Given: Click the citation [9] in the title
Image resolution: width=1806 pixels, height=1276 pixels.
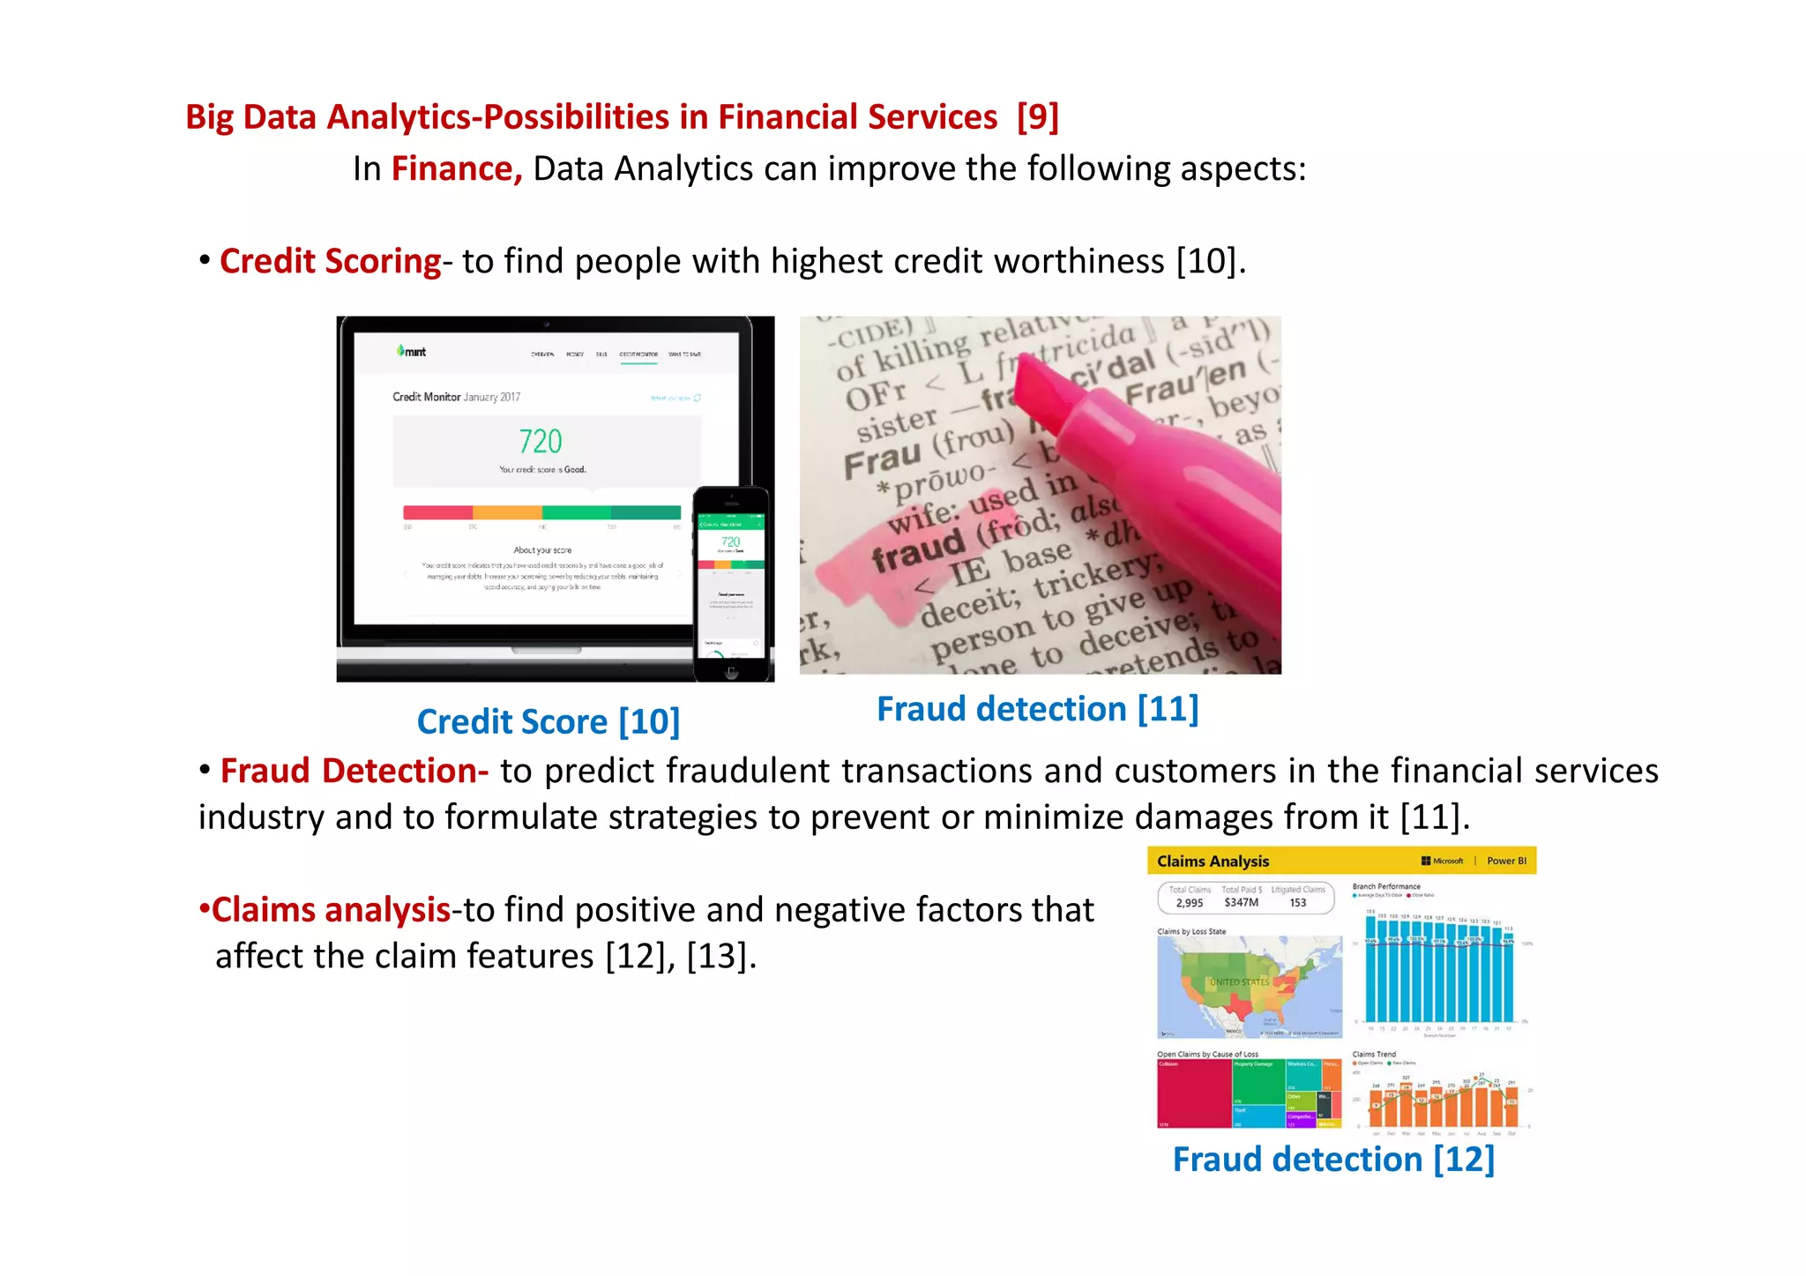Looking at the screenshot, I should [x=1037, y=117].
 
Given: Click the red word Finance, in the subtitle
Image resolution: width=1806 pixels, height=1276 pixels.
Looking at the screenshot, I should [x=457, y=168].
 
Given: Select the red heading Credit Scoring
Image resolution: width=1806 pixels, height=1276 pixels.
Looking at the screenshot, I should [x=330, y=261].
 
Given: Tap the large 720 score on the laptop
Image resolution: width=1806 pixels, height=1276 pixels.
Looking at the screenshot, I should [x=540, y=441].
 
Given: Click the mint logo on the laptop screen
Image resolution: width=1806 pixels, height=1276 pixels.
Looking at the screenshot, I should [x=412, y=352].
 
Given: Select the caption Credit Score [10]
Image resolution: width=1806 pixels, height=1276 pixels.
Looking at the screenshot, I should [x=548, y=721].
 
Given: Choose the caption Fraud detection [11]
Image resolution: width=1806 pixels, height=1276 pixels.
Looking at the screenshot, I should [x=1037, y=709].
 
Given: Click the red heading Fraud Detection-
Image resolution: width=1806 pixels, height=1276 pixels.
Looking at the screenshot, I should [x=354, y=771].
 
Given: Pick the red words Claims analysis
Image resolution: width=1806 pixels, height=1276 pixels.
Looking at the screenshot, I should [x=331, y=910].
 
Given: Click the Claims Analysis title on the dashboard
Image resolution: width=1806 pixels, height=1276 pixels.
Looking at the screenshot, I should [x=1213, y=862].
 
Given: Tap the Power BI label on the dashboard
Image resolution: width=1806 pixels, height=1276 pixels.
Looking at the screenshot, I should [x=1506, y=861].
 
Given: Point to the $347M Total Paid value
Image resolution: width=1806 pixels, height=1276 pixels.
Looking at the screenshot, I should [x=1241, y=903].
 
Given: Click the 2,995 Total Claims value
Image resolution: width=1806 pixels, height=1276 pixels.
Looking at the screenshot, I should [x=1189, y=903].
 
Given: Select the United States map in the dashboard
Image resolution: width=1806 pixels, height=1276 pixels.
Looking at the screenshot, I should [x=1249, y=986].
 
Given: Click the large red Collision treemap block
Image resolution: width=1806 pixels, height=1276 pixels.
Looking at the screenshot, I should [x=1193, y=1093].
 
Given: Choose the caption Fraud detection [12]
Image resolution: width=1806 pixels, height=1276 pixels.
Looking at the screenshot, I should [x=1333, y=1160].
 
